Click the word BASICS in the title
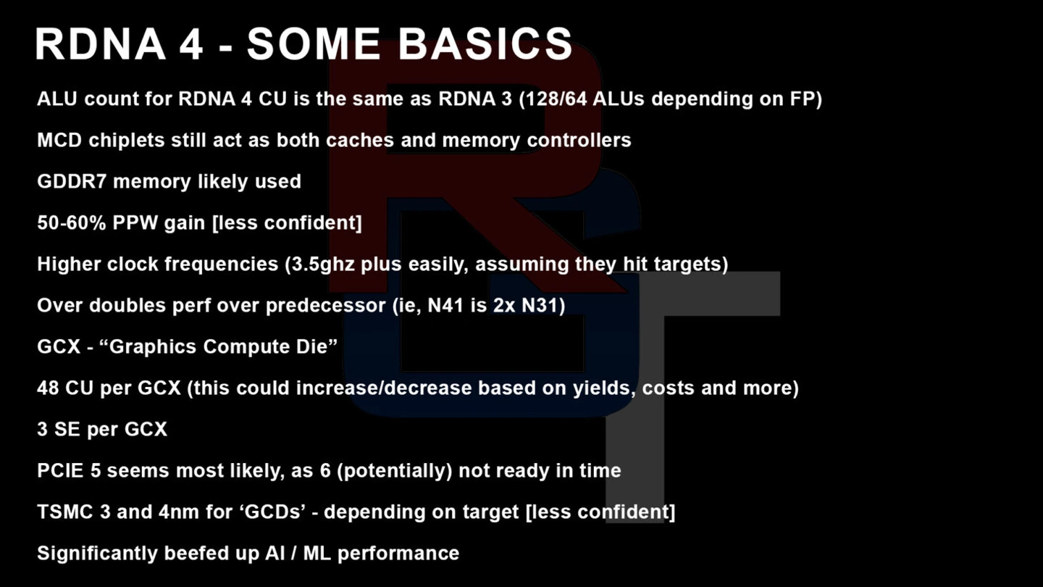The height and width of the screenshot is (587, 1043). tap(485, 43)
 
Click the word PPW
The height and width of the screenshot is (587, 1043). tap(135, 222)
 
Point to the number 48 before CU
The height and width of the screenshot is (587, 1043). tap(48, 388)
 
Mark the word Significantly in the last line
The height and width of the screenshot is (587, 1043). tap(97, 554)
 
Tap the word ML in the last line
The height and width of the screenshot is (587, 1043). tap(317, 554)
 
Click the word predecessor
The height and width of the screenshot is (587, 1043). tap(325, 306)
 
